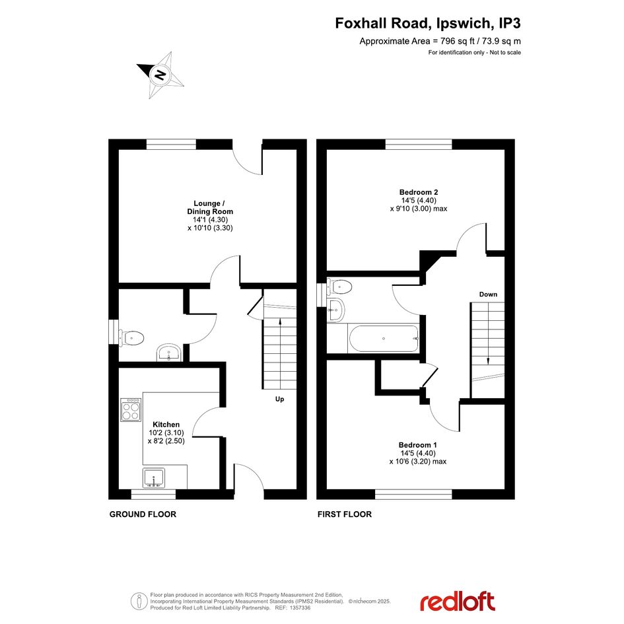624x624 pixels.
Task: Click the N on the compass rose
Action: tap(160, 75)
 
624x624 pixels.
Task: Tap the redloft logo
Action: tap(458, 602)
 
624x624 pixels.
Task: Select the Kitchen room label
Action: tap(166, 425)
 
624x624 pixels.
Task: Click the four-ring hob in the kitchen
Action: tap(131, 409)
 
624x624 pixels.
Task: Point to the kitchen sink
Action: tap(154, 477)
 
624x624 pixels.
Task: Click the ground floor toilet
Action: tap(131, 338)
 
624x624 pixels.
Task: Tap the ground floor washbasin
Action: tap(170, 353)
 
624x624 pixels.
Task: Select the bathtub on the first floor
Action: tap(384, 338)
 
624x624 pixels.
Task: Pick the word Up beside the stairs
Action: tap(280, 399)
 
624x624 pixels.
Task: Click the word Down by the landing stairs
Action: tap(488, 295)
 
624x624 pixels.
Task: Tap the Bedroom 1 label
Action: tap(418, 445)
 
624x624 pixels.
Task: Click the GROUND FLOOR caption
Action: tap(143, 514)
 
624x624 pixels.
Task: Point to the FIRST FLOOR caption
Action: tap(345, 514)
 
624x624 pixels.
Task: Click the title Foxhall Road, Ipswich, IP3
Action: tap(428, 23)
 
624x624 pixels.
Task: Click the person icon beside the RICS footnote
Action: tap(139, 601)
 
